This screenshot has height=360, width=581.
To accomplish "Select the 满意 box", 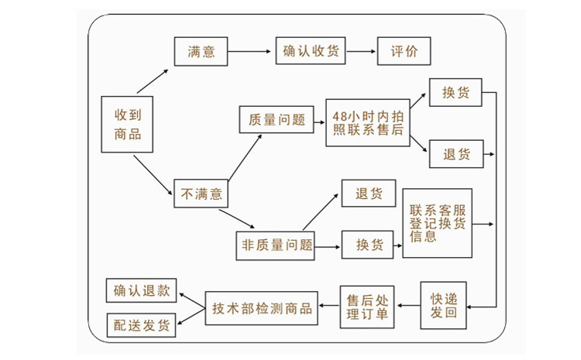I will [x=201, y=52].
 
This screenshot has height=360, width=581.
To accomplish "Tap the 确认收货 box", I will [x=310, y=52].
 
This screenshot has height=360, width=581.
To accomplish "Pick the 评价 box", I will [x=403, y=52].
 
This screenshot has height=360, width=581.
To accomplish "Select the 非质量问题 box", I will [x=277, y=245].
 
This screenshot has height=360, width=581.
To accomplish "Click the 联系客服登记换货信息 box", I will [x=437, y=223].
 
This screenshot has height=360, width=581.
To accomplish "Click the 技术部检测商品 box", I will [x=261, y=307].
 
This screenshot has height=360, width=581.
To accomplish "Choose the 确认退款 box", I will [x=140, y=291].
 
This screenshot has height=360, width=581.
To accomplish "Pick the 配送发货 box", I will [x=140, y=324].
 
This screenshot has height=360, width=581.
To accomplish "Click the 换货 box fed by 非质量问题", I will [x=369, y=245].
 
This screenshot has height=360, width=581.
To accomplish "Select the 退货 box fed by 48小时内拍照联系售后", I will [x=456, y=154].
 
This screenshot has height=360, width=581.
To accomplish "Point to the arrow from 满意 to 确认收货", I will [x=250, y=52].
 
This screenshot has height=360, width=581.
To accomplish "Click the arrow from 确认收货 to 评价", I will [x=361, y=52].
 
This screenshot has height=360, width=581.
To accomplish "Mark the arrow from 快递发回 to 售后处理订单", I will [x=408, y=306].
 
